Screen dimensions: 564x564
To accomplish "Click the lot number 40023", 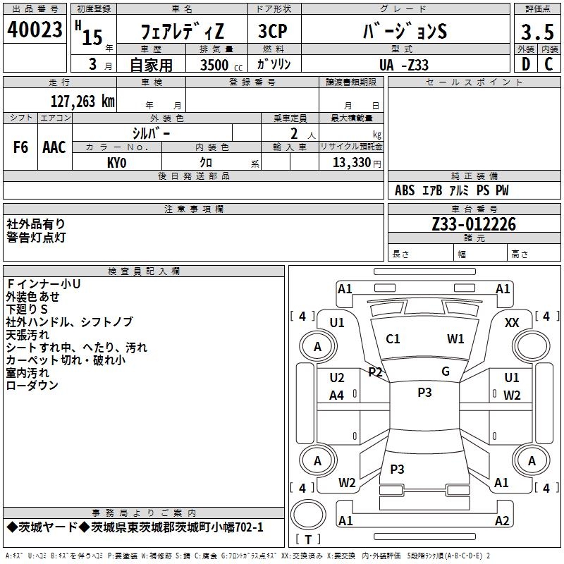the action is (x=35, y=30).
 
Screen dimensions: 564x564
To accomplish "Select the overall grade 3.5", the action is (x=537, y=32).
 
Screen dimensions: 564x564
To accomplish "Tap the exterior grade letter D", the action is (x=526, y=64).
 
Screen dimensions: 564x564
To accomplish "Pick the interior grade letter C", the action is (x=548, y=64).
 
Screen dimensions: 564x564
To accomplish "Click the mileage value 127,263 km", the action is (x=82, y=102).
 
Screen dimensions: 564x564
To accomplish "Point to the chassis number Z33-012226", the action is (x=474, y=224).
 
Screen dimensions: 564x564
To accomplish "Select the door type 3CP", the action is (x=273, y=31).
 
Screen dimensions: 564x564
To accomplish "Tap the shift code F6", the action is (x=20, y=147).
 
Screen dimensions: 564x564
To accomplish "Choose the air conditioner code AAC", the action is (x=54, y=147).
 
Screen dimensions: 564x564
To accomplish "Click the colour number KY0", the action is (x=117, y=163).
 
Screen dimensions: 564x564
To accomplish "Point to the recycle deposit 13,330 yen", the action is (x=357, y=163).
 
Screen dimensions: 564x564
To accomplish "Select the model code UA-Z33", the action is (x=404, y=65).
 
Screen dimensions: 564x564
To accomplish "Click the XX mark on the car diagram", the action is (x=512, y=323).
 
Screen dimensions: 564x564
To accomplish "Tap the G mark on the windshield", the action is (x=446, y=372).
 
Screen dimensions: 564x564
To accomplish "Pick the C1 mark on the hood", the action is (x=393, y=339).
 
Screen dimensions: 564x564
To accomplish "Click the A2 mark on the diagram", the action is (x=502, y=520).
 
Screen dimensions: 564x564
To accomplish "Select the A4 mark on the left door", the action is (x=337, y=396).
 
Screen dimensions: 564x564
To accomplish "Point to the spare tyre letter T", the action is (x=308, y=539).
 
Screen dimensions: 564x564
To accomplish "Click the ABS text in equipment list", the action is (x=405, y=190).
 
